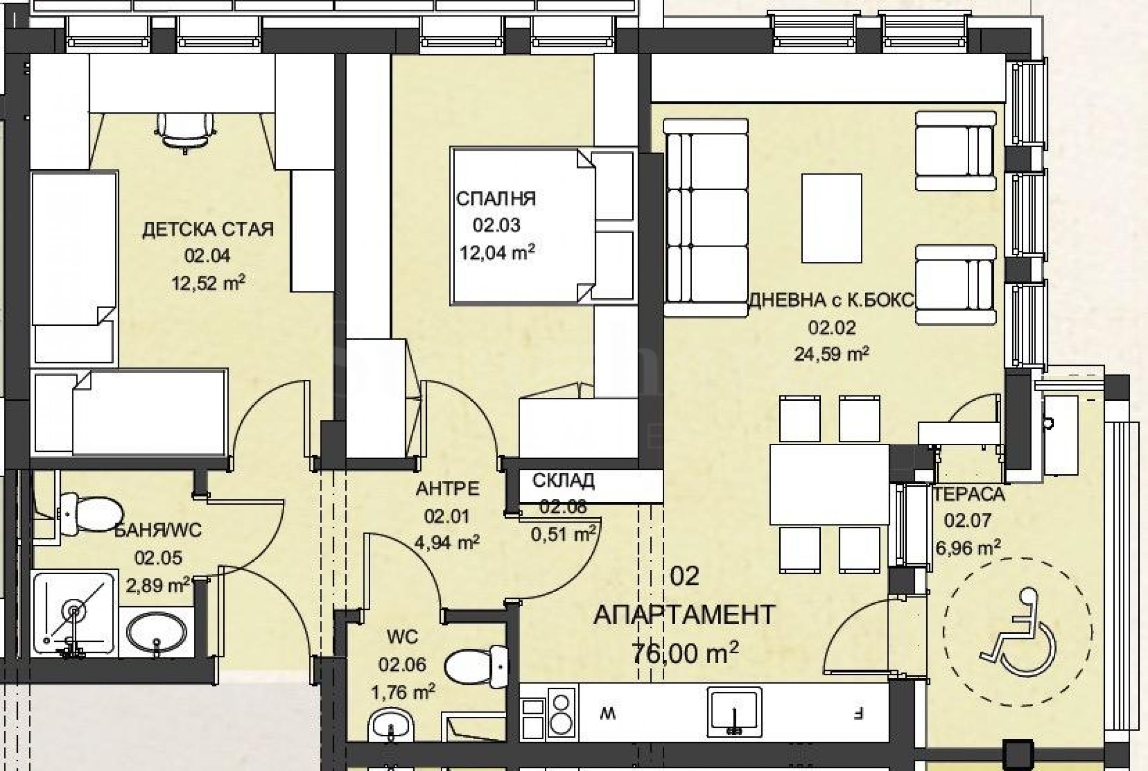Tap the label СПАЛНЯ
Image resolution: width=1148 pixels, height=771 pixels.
click(496, 199)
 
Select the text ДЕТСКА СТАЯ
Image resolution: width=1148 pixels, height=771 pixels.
click(208, 230)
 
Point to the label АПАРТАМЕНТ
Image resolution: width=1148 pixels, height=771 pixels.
click(685, 615)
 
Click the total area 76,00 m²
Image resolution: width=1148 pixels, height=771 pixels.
click(685, 653)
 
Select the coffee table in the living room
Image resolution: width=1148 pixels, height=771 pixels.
click(831, 218)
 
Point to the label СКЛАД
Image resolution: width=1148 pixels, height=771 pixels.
click(564, 480)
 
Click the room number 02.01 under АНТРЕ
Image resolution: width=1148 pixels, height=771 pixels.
click(447, 516)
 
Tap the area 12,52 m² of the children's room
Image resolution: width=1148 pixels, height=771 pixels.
click(208, 283)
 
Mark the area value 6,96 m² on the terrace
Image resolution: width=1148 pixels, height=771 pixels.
click(968, 547)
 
